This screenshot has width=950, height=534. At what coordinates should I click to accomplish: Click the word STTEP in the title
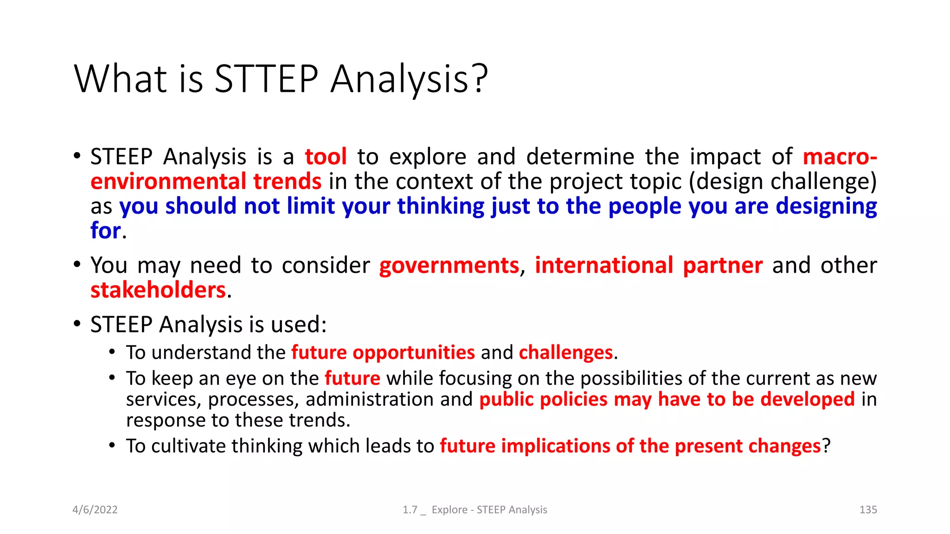point(266,79)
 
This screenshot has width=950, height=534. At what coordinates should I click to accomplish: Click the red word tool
point(326,157)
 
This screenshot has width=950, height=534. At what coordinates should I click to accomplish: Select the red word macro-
point(840,157)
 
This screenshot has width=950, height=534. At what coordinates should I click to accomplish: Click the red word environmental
point(168,181)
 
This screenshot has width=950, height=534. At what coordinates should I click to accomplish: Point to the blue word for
point(106,230)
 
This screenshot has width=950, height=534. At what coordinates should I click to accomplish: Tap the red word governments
point(449,266)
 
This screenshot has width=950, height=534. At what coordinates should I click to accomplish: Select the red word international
point(603,266)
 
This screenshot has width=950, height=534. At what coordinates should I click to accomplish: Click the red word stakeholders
point(158,290)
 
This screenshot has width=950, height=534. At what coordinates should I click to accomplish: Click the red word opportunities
point(414,353)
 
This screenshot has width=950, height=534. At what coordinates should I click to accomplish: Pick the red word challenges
point(566,353)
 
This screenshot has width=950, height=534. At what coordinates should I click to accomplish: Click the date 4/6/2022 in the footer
point(95,509)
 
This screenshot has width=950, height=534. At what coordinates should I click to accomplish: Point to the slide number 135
point(868,509)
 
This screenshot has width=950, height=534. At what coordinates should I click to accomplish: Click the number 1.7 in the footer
point(410,509)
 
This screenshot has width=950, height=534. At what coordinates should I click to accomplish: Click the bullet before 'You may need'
point(77,265)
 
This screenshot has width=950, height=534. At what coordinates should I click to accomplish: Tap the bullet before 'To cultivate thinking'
point(112,445)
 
